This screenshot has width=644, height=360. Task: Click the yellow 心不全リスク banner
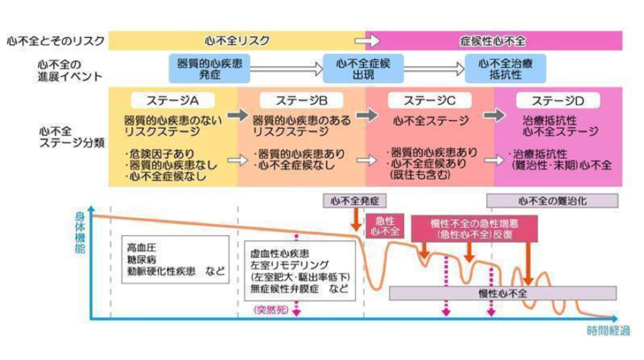point(237,39)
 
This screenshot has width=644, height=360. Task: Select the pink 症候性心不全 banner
point(493,39)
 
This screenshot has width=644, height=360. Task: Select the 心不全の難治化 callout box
point(552,200)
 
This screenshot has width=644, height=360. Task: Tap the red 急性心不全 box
point(383,225)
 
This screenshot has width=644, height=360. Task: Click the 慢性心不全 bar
point(502,292)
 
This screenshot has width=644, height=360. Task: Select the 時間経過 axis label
point(607,331)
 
